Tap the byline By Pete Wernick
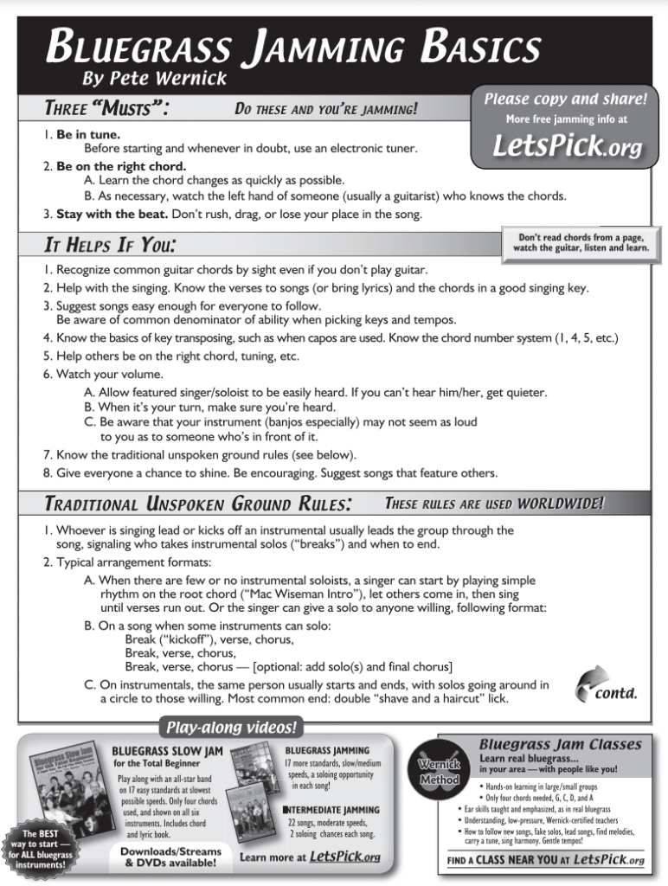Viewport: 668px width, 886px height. coord(154,79)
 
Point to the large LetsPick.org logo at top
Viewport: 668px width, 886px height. coord(567,145)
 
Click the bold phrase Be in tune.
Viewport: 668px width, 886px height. coord(88,135)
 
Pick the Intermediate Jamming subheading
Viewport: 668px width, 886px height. coord(331,810)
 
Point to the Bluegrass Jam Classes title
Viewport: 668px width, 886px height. coord(560,744)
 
